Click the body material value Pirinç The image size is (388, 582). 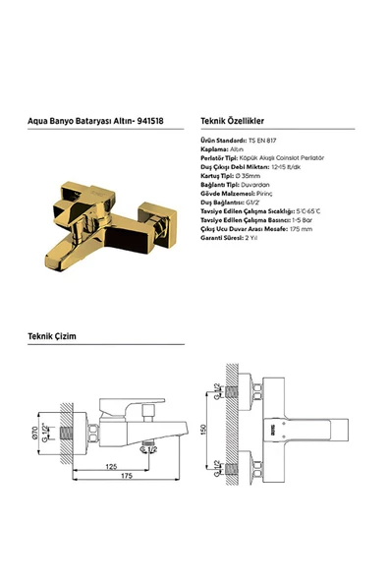coord(258,195)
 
